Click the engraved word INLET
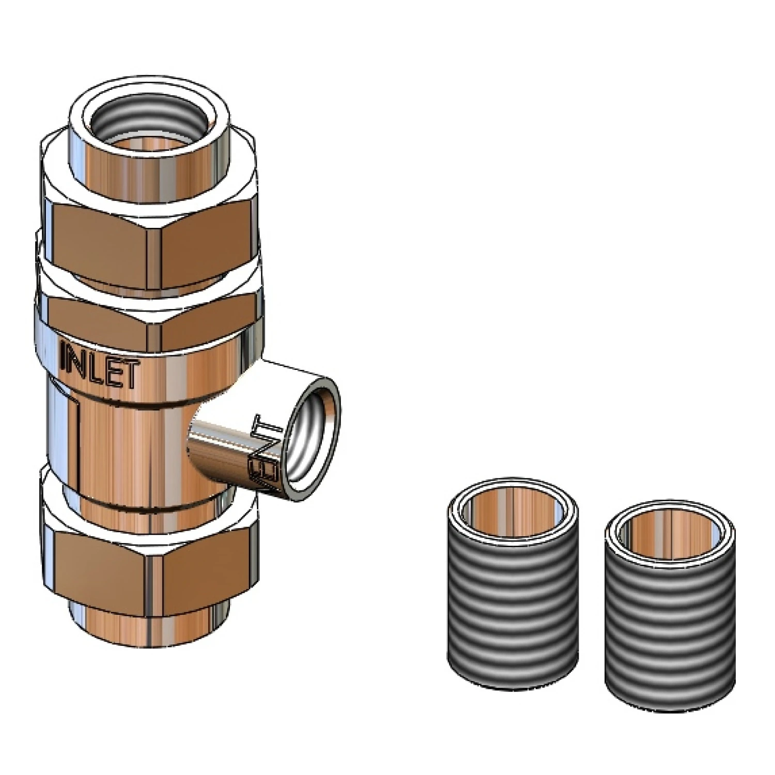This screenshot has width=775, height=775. [100, 365]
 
